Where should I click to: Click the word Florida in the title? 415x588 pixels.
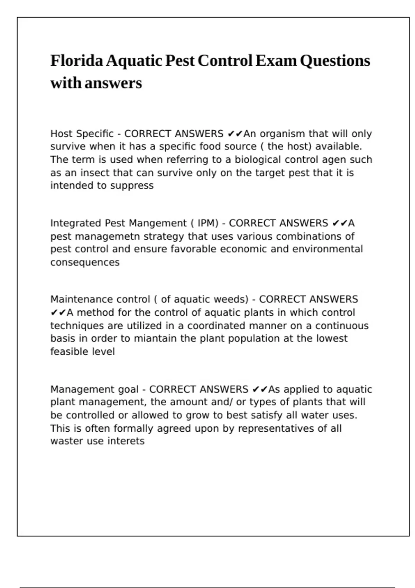click(77, 61)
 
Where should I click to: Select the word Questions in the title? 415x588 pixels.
click(335, 61)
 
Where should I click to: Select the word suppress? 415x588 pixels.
click(132, 186)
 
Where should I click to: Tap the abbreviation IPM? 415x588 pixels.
click(207, 223)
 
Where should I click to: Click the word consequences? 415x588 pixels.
click(85, 263)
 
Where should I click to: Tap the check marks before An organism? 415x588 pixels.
click(235, 134)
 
